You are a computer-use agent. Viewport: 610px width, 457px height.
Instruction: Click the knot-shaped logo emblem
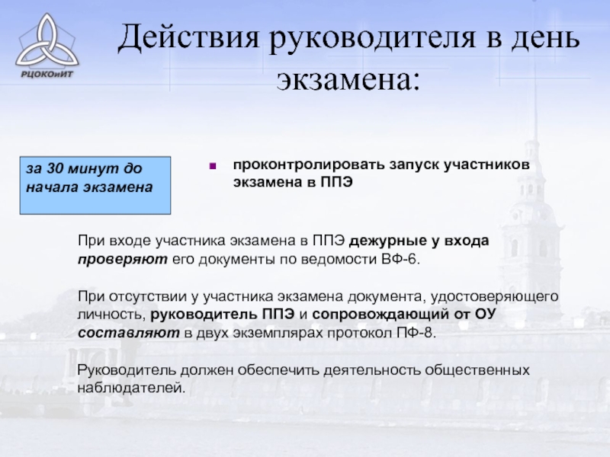[x=47, y=41]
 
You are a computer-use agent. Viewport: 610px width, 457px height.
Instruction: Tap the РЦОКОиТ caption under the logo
[x=47, y=73]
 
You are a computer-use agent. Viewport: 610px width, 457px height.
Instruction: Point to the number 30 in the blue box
[x=55, y=168]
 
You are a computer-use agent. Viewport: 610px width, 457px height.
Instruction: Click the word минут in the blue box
[x=93, y=168]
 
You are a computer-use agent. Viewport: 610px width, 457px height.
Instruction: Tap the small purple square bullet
[x=213, y=166]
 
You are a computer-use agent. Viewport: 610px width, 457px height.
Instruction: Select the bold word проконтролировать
[x=309, y=165]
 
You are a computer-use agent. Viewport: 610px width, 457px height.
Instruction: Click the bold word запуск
[x=414, y=165]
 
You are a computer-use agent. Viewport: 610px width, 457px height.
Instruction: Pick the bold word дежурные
[x=388, y=241]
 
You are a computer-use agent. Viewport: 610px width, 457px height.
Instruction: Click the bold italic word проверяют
[x=123, y=259]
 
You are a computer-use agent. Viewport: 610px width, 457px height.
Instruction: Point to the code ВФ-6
[x=401, y=259]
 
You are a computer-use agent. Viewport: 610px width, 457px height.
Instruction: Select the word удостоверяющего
[x=494, y=296]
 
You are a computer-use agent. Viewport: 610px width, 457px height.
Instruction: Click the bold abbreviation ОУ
[x=486, y=314]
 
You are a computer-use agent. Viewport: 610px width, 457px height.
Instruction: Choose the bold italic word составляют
[x=129, y=333]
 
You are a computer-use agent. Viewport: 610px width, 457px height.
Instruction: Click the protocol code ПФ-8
[x=416, y=333]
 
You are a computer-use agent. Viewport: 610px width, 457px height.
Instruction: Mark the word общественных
[x=477, y=369]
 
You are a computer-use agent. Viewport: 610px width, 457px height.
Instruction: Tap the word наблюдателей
[x=131, y=388]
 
